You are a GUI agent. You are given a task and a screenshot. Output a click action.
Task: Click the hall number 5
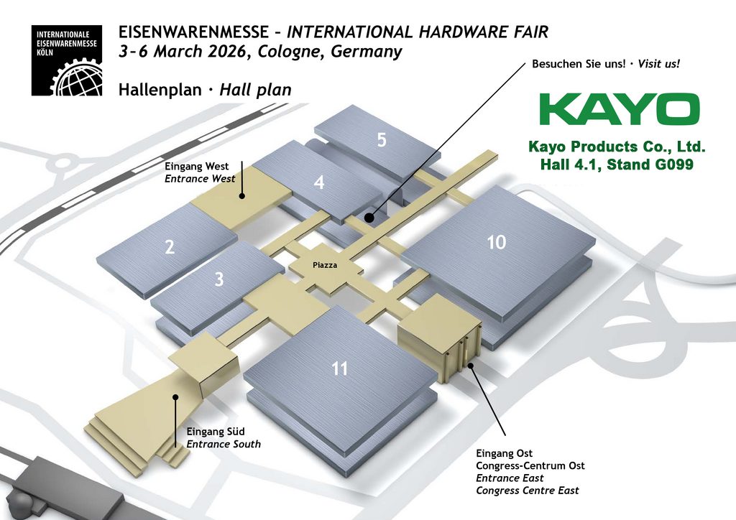click(382, 140)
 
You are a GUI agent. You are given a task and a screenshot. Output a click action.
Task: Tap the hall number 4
click(319, 182)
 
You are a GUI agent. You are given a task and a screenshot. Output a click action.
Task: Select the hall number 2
click(170, 246)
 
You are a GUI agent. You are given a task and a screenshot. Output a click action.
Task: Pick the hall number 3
click(219, 279)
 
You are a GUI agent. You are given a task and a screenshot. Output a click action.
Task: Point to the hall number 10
click(497, 242)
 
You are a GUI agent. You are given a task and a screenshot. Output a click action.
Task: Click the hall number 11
click(340, 368)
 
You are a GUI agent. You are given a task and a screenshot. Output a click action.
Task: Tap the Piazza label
click(325, 266)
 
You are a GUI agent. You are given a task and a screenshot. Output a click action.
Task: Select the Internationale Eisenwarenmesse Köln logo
click(67, 60)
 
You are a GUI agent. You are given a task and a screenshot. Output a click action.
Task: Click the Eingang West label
click(197, 167)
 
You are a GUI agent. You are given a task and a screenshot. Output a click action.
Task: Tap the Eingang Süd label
click(216, 432)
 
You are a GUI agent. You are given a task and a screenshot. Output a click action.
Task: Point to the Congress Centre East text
click(527, 491)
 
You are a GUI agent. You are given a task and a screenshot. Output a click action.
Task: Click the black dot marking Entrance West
click(242, 196)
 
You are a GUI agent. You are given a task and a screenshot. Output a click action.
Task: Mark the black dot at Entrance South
click(175, 396)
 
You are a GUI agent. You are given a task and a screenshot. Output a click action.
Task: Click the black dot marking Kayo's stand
click(369, 218)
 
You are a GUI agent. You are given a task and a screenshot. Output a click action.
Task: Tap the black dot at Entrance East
click(470, 366)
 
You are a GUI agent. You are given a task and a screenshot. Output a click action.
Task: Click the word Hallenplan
click(160, 89)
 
